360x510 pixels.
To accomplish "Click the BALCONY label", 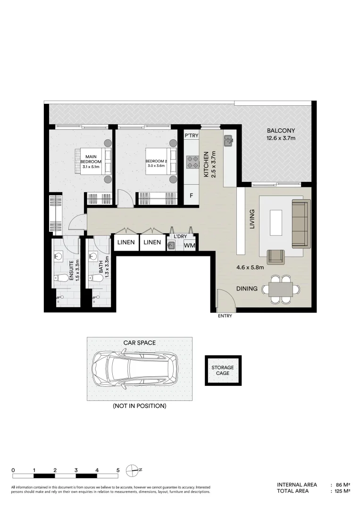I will tap(281, 131).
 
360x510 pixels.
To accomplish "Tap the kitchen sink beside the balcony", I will tap(228, 139).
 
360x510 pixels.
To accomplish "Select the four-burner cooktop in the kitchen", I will tap(193, 162).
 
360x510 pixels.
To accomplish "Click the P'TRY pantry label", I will tap(192, 136).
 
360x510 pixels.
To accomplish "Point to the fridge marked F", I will tap(192, 195).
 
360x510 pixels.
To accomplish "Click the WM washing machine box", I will tap(189, 245).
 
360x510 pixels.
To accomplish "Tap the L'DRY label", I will tap(181, 236).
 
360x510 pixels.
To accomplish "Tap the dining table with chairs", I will tap(280, 289).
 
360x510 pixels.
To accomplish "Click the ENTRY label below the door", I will tap(225, 316).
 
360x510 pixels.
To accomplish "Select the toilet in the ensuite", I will tap(59, 279).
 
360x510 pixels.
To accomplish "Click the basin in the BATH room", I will tap(94, 257).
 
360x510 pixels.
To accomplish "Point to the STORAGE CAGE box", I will tap(223, 370).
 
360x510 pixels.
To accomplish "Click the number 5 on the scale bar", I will tap(117, 470).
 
